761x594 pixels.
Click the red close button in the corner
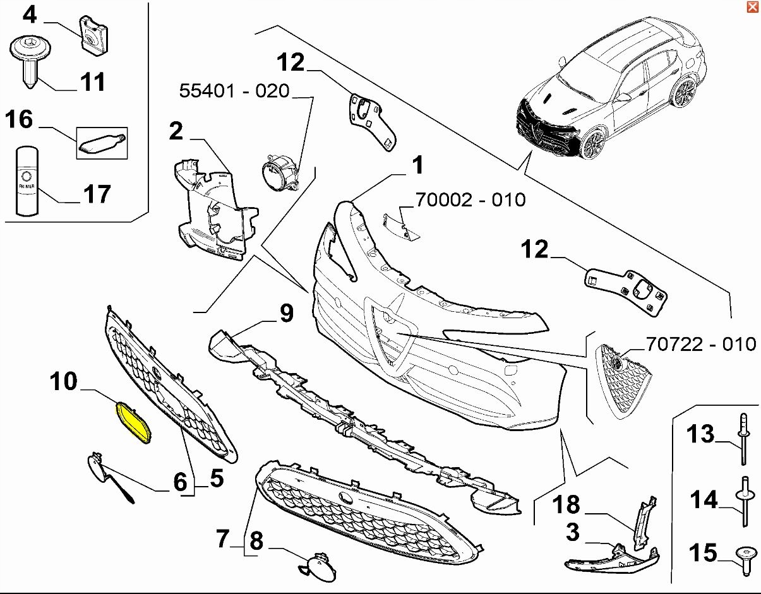coord(752,7)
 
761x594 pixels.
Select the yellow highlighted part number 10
coord(133,422)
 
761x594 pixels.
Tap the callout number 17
coord(97,194)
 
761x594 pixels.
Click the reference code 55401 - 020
coord(234,91)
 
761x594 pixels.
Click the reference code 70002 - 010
coord(470,199)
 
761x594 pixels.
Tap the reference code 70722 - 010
coord(700,343)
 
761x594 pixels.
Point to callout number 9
coord(287,313)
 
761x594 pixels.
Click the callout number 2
coord(176,131)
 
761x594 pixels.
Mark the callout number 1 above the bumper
coord(417,166)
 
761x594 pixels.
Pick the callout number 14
coord(703,501)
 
